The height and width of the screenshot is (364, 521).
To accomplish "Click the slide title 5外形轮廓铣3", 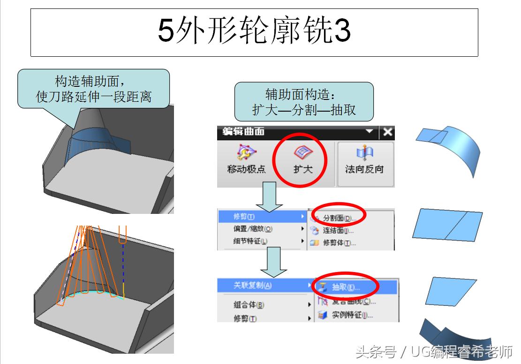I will (x=254, y=31).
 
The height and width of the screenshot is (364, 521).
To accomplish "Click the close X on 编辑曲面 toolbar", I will (x=387, y=132).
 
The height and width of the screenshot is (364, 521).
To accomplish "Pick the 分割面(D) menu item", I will (x=339, y=218).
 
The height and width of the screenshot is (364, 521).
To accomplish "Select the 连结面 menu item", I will (x=338, y=230).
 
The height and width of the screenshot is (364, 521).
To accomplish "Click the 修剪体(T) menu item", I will (x=339, y=243).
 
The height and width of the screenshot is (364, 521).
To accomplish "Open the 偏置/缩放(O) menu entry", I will (x=253, y=229).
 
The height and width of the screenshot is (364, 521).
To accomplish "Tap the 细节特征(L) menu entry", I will (x=250, y=241).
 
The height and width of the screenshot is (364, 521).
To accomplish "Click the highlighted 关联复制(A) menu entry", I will (x=253, y=285).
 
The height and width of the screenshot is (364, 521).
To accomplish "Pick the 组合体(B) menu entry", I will (x=249, y=305).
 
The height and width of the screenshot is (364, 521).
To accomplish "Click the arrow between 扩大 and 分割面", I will (x=269, y=197).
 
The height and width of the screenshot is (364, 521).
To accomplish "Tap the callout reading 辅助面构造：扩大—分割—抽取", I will (x=304, y=102).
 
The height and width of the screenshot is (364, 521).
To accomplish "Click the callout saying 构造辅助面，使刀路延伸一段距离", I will (x=93, y=89).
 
